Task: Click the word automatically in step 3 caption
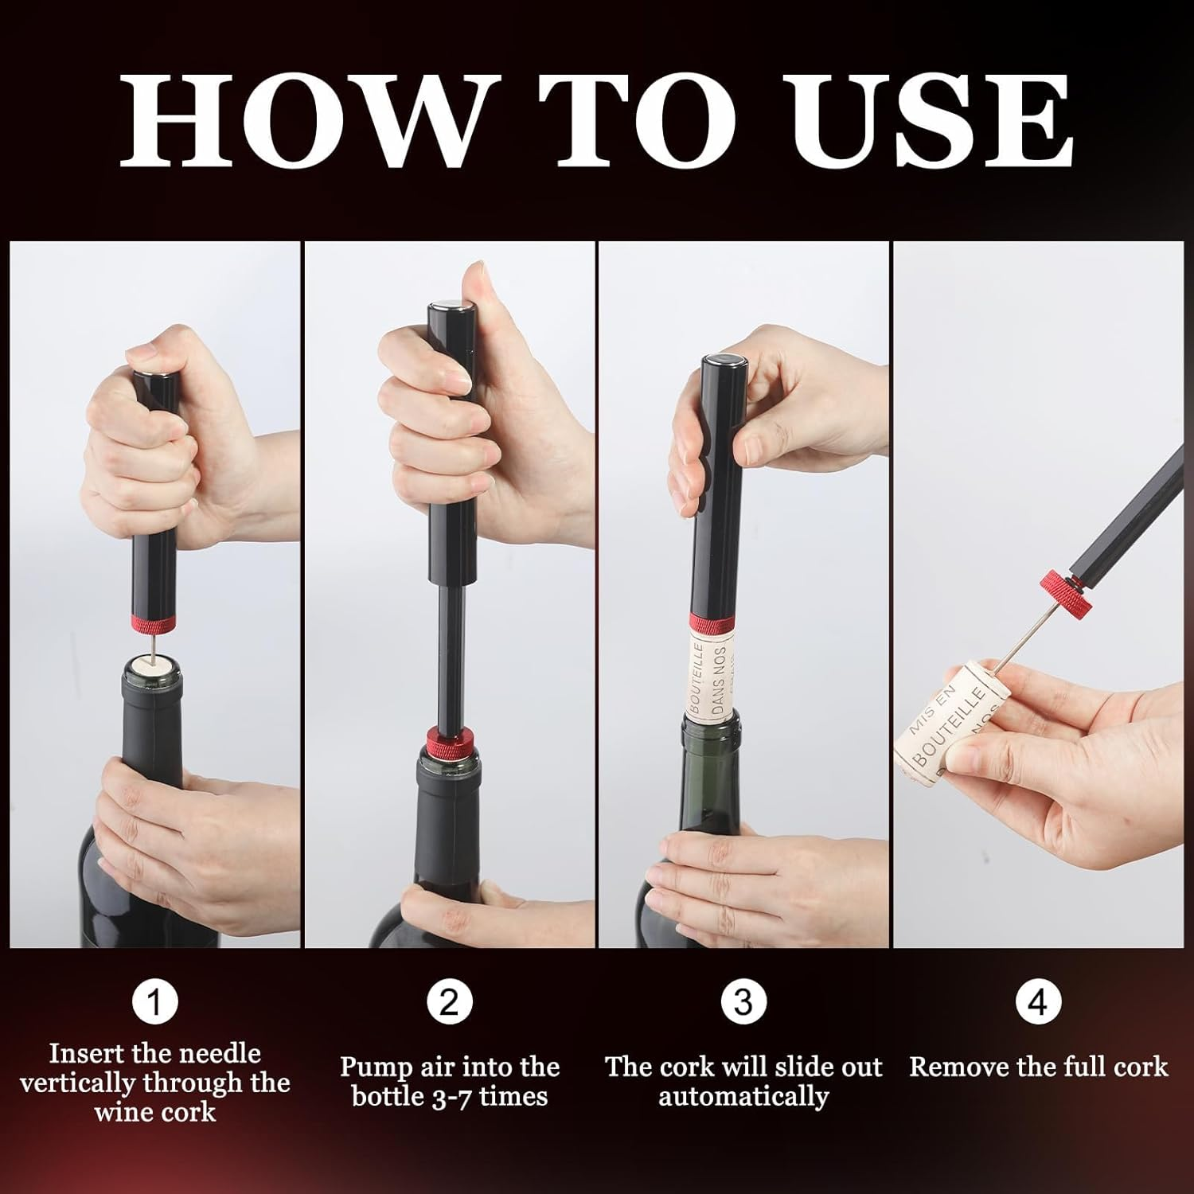coord(743,1096)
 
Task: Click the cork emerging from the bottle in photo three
coord(716,673)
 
